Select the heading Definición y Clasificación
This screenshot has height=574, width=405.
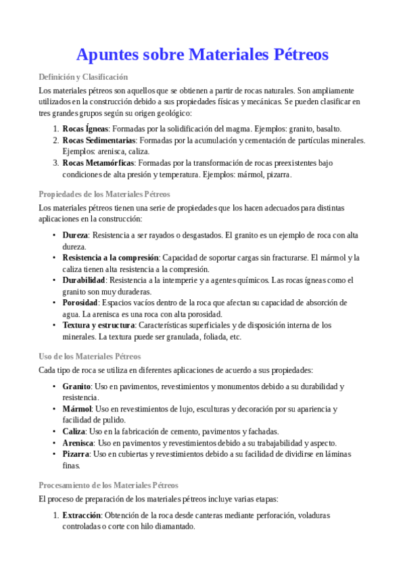pyautogui.click(x=83, y=77)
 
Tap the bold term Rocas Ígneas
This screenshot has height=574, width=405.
pyautogui.click(x=86, y=128)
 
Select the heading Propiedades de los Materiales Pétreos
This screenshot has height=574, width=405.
pyautogui.click(x=105, y=194)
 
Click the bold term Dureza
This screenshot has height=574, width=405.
pyautogui.click(x=75, y=235)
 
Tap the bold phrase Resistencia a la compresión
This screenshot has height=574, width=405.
pyautogui.click(x=110, y=258)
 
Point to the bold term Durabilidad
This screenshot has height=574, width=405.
pyautogui.click(x=84, y=280)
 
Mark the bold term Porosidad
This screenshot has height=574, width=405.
pyautogui.click(x=80, y=303)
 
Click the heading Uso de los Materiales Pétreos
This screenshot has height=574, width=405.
pyautogui.click(x=89, y=356)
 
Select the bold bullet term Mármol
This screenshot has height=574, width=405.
pyautogui.click(x=76, y=409)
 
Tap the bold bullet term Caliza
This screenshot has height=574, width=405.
pyautogui.click(x=74, y=431)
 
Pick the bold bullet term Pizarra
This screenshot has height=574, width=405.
pyautogui.click(x=76, y=454)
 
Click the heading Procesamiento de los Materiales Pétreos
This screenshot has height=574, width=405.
pyautogui.click(x=109, y=485)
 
